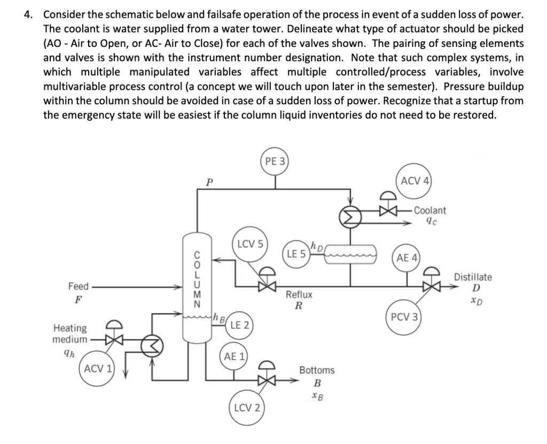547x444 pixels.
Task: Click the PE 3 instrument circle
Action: [275, 161]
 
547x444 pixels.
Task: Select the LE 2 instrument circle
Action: [239, 325]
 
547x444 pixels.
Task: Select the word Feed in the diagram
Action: [79, 286]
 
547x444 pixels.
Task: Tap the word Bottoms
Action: [317, 370]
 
